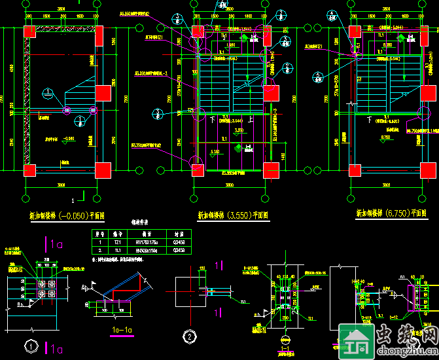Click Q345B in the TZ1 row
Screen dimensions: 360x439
(x=179, y=242)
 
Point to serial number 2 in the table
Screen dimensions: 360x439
(x=100, y=250)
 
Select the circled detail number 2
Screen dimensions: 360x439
(x=189, y=336)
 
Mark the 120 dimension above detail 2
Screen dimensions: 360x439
(x=203, y=268)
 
